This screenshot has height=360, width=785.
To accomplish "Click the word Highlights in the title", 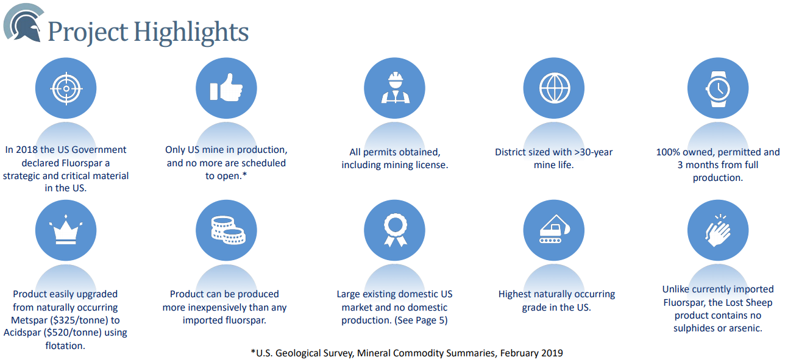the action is click(191, 32).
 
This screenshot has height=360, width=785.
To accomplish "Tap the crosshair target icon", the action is click(66, 88).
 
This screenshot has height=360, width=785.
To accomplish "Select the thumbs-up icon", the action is click(226, 88).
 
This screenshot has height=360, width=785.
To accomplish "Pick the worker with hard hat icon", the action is click(396, 88).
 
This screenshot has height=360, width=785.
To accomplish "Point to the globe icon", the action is click(555, 88).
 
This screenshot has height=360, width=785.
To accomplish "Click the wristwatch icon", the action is click(718, 88).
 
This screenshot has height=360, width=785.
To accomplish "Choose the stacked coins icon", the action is click(228, 230).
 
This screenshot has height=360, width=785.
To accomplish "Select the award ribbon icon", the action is click(396, 230).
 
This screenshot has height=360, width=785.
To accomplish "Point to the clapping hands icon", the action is click(718, 230).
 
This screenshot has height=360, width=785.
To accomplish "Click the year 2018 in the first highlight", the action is click(26, 150).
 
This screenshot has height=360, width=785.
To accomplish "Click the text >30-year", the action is click(593, 152).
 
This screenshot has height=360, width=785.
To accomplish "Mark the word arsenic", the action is click(745, 328).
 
